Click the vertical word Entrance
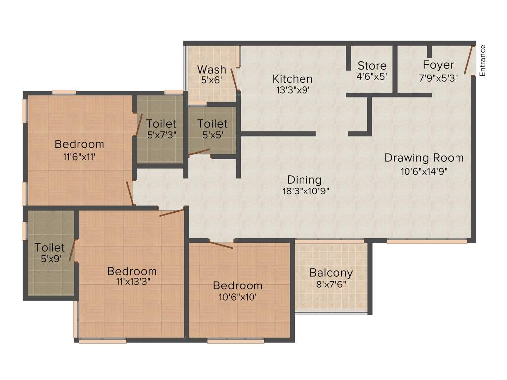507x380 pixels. click(x=483, y=60)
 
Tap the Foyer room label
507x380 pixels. click(x=438, y=65)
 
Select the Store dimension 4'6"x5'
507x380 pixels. click(x=372, y=77)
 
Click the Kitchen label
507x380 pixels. click(x=293, y=79)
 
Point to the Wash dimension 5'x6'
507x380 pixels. click(x=211, y=80)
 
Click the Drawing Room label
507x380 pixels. click(x=424, y=158)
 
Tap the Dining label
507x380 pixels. click(x=304, y=180)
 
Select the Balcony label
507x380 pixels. click(x=331, y=273)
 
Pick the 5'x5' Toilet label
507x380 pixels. click(x=212, y=123)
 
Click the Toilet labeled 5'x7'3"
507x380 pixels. click(x=161, y=123)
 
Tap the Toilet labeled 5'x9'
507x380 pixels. click(x=50, y=247)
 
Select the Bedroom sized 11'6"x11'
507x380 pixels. click(x=80, y=144)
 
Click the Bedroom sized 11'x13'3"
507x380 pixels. click(x=132, y=271)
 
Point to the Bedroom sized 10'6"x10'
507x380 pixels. click(x=238, y=285)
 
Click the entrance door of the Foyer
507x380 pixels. click(x=468, y=59)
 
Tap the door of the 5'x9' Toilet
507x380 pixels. click(x=72, y=249)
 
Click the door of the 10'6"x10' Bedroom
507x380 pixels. click(x=220, y=244)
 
